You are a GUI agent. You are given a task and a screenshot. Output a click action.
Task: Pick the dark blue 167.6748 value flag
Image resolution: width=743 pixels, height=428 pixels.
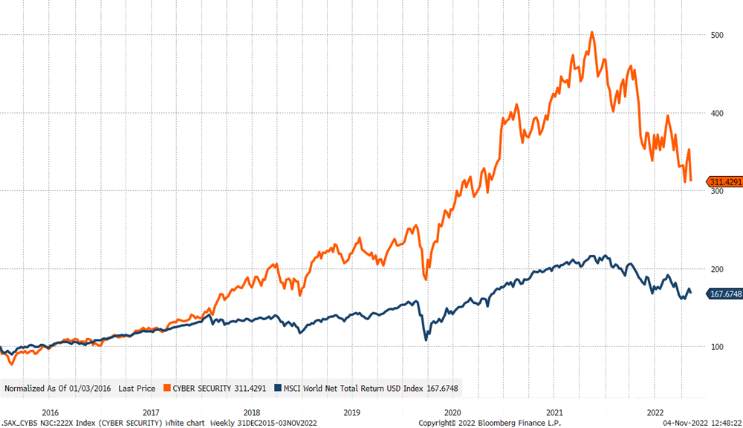pyautogui.click(x=722, y=293)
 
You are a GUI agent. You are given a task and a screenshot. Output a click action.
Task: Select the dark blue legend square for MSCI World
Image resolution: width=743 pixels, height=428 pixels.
pyautogui.click(x=278, y=388)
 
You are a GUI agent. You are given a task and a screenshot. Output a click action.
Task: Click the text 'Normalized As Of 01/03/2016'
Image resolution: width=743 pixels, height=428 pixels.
pyautogui.click(x=58, y=388)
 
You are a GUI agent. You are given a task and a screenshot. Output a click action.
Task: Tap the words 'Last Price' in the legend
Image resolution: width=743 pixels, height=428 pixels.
pyautogui.click(x=137, y=388)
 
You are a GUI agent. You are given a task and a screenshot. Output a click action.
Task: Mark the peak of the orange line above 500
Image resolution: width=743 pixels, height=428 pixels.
pyautogui.click(x=591, y=32)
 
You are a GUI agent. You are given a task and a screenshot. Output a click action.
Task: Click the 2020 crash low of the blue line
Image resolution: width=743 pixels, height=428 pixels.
pyautogui.click(x=426, y=340)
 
